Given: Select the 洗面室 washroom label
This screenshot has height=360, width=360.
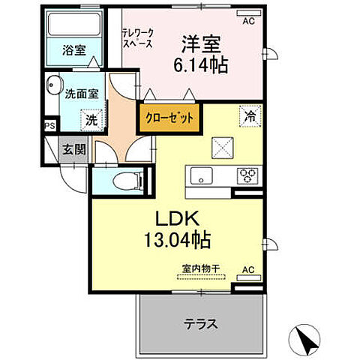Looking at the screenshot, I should pyautogui.click(x=77, y=95).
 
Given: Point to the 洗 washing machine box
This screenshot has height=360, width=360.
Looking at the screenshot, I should pyautogui.click(x=90, y=119).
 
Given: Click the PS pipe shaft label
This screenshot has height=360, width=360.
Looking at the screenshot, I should pyautogui.click(x=50, y=127).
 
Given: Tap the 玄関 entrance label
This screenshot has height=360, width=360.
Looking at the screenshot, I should pyautogui.click(x=73, y=148).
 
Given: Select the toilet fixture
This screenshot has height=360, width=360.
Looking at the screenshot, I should pyautogui.click(x=129, y=180).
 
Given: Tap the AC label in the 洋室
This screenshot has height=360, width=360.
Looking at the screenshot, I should pyautogui.click(x=247, y=21).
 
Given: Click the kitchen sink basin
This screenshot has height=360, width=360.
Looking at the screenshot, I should pyautogui.click(x=202, y=176).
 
